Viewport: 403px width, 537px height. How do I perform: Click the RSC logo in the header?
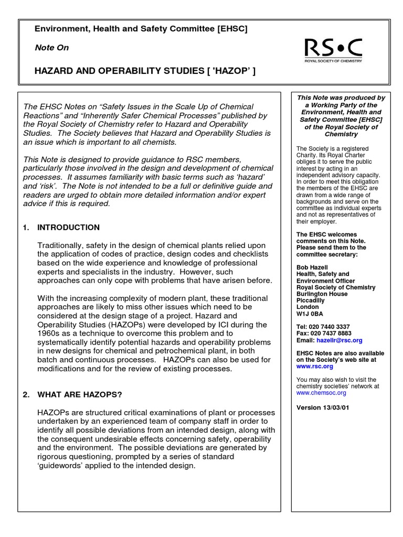pyautogui.click(x=334, y=50)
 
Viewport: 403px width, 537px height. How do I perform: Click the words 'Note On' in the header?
pyautogui.click(x=51, y=48)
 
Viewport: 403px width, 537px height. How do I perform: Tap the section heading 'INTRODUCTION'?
pyautogui.click(x=68, y=228)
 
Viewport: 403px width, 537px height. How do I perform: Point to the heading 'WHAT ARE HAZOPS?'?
pyautogui.click(x=79, y=394)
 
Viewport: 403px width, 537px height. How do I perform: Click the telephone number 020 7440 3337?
pyautogui.click(x=330, y=327)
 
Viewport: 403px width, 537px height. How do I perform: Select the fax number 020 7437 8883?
pyautogui.click(x=331, y=334)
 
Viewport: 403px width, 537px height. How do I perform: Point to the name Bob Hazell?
pyautogui.click(x=313, y=267)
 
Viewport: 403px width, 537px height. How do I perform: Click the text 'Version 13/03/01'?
pyautogui.click(x=323, y=407)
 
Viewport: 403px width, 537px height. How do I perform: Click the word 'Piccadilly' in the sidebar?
pyautogui.click(x=311, y=300)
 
